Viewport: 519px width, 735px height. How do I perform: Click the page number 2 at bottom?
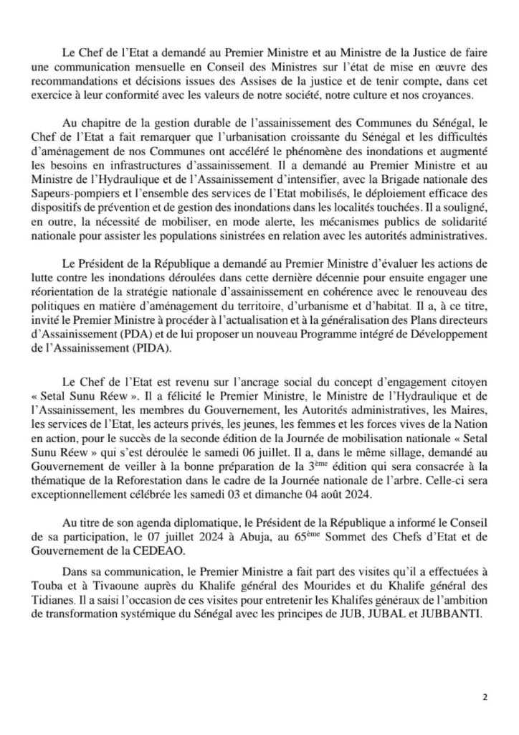[484, 696]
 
